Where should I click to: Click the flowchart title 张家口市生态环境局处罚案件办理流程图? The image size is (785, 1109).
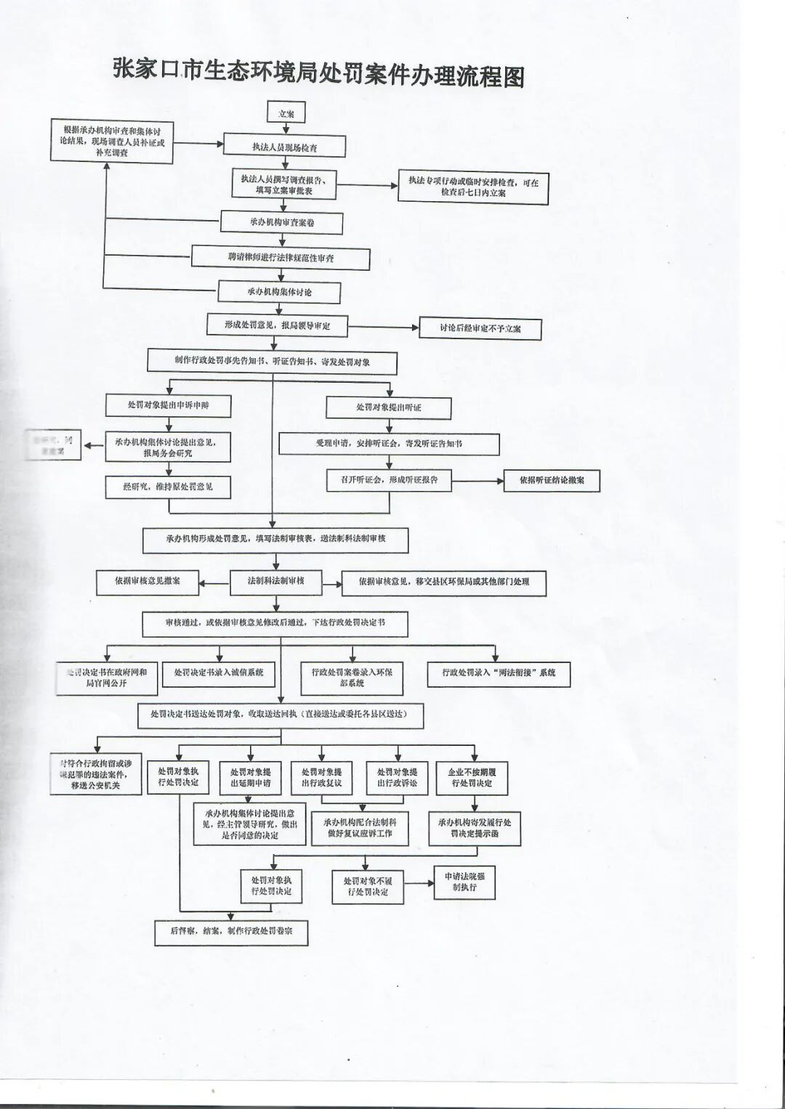[318, 73]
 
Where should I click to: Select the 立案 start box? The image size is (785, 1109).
[286, 113]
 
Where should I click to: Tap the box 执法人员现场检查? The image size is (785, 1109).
[284, 147]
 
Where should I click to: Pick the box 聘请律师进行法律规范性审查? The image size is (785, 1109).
[281, 257]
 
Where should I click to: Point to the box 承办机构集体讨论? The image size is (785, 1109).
[279, 291]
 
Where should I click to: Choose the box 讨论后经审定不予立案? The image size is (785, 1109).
[480, 328]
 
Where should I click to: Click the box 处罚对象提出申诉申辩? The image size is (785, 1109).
[168, 405]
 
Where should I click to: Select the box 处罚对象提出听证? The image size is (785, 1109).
[388, 407]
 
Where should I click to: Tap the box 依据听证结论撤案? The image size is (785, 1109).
[552, 480]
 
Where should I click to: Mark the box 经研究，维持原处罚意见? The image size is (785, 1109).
[168, 487]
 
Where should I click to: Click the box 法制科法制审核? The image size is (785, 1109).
[275, 581]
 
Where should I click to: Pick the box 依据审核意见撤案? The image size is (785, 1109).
[147, 581]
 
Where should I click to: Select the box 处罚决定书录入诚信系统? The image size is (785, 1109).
[219, 673]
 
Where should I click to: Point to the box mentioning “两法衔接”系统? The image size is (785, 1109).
[499, 673]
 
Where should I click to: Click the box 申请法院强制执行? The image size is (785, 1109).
[464, 882]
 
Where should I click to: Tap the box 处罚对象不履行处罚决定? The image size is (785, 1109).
[367, 886]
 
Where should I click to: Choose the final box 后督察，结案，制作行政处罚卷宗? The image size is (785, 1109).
[231, 931]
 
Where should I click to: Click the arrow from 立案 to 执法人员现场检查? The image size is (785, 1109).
[286, 129]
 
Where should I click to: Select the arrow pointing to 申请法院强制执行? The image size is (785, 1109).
[419, 883]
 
